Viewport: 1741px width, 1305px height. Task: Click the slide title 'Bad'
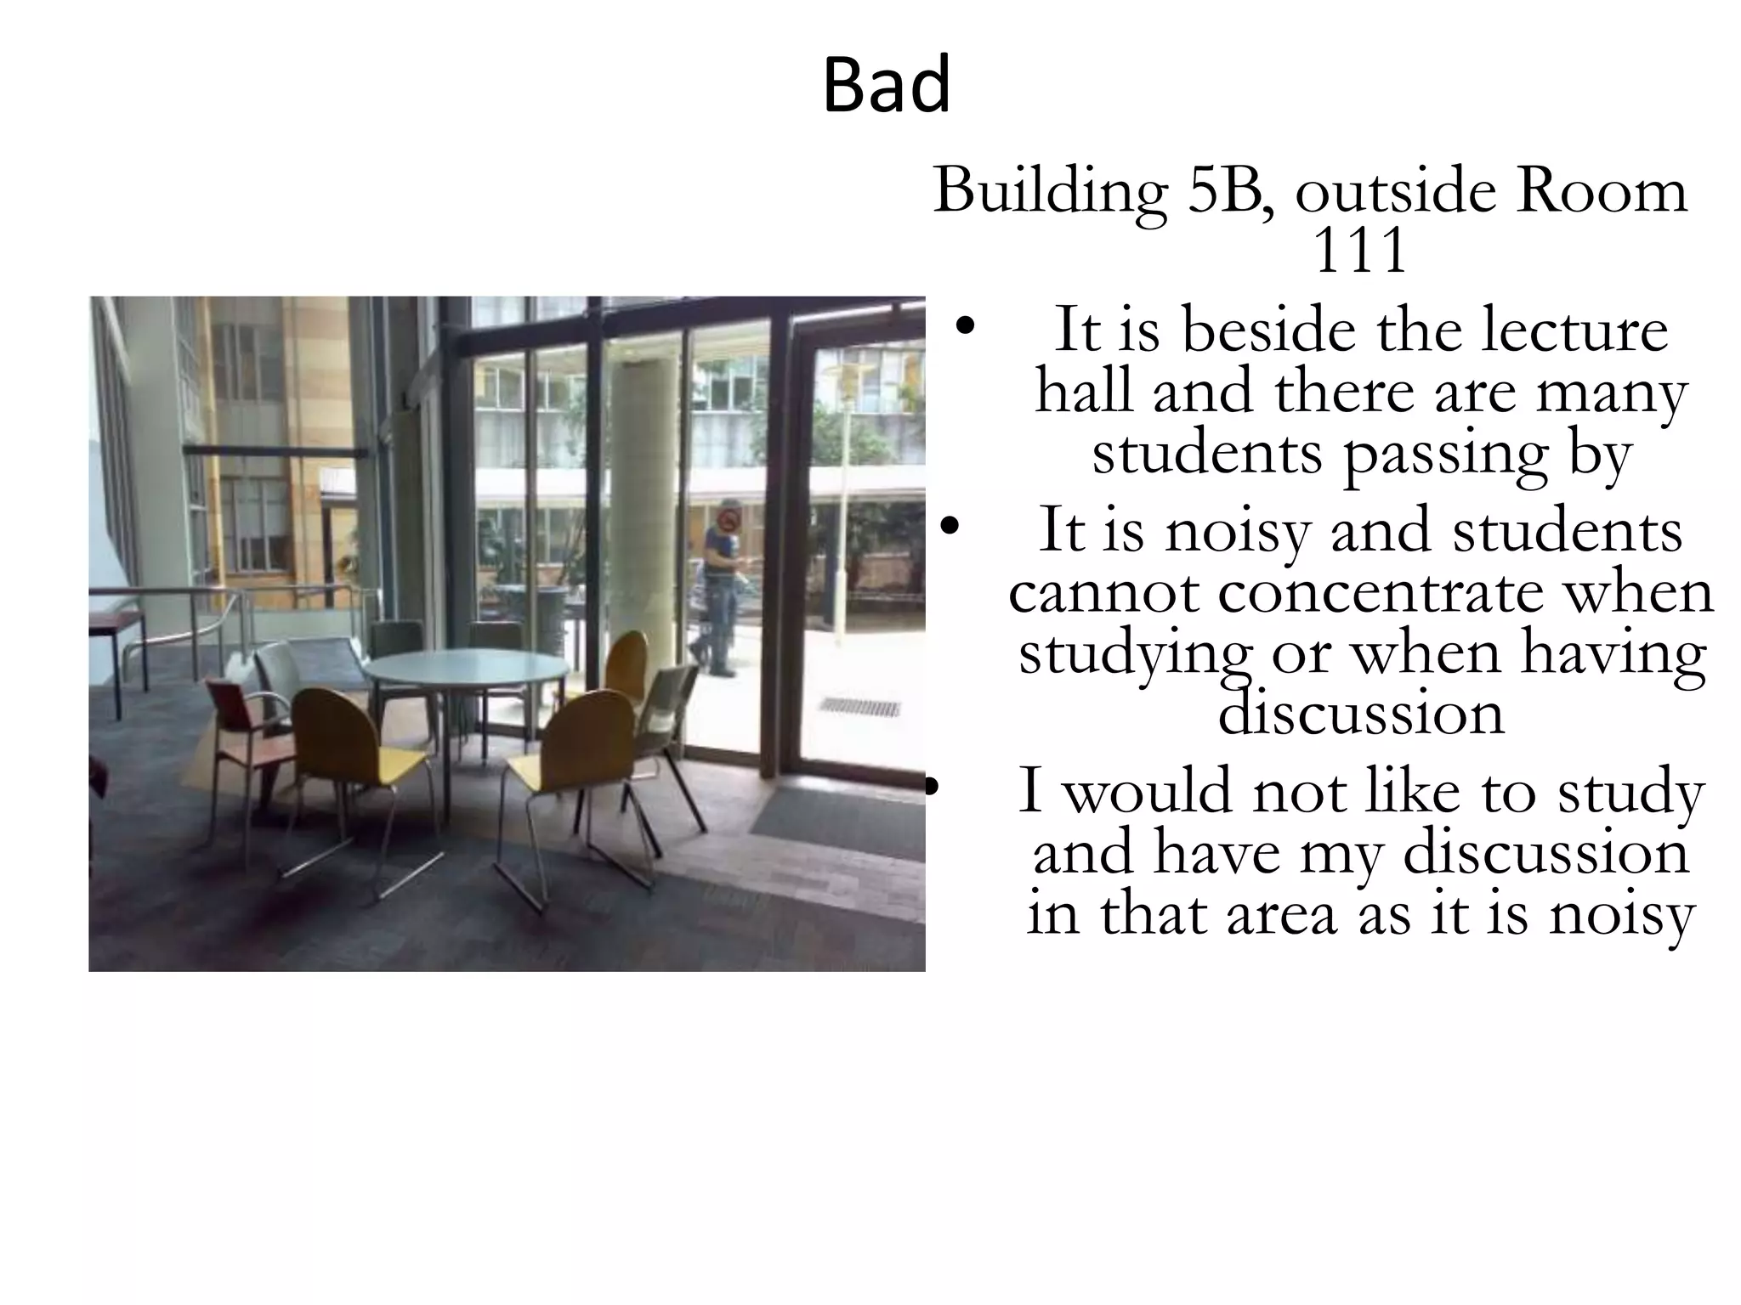tap(887, 85)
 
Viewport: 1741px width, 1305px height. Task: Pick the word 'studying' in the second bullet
tap(1135, 654)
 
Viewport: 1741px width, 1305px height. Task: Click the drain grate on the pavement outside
tap(859, 706)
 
